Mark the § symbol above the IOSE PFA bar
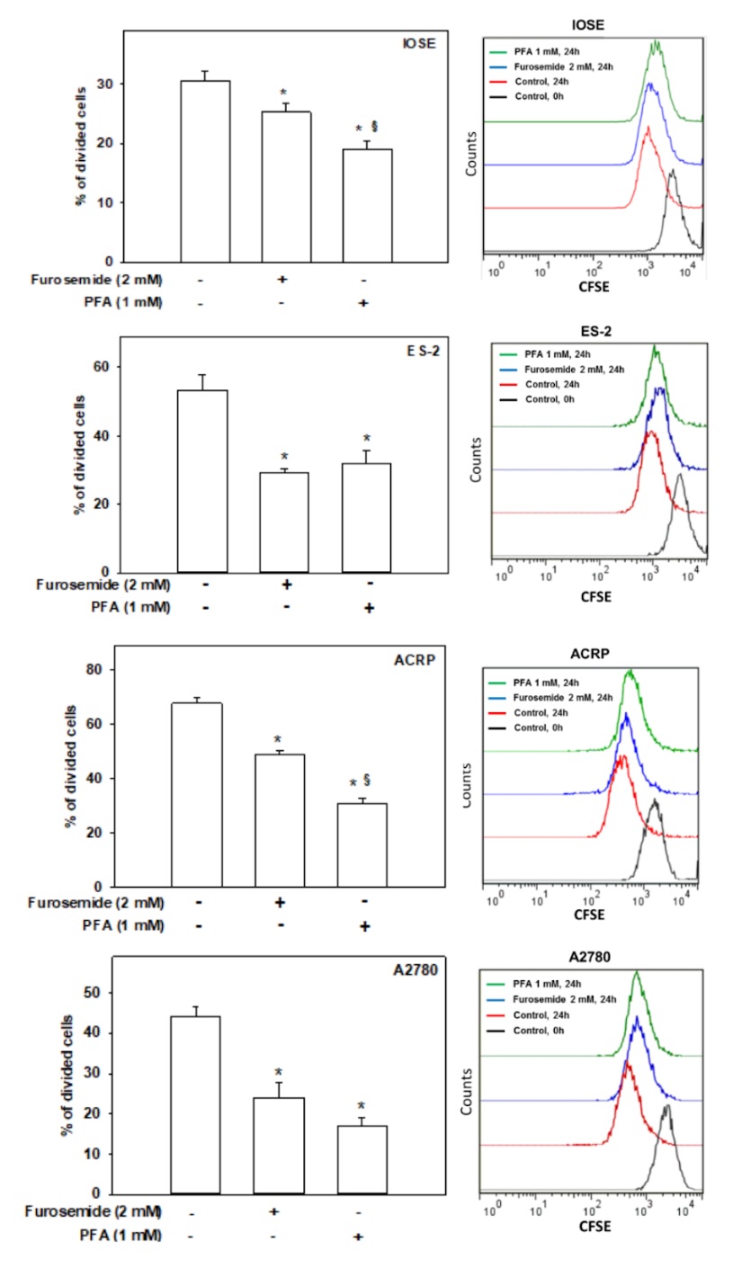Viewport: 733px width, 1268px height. pos(374,127)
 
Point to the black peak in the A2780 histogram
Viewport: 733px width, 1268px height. pos(666,1108)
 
